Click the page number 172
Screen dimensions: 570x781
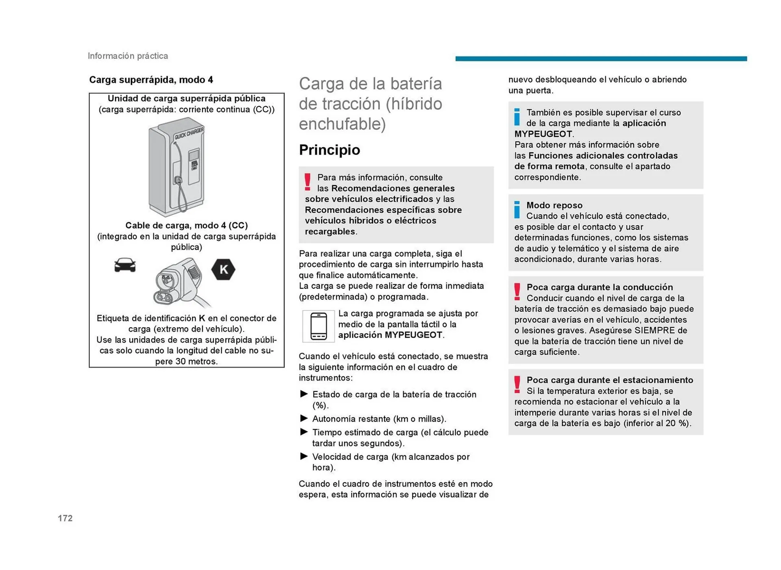point(65,518)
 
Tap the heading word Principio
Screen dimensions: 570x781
point(329,150)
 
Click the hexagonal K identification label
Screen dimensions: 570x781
point(223,270)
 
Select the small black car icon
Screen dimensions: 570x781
point(125,265)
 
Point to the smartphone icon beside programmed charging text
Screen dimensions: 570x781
point(319,326)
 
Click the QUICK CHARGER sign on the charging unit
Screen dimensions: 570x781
point(189,133)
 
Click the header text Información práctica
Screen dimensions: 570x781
point(128,56)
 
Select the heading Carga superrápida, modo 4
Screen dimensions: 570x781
point(151,80)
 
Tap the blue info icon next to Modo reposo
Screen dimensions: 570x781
point(517,209)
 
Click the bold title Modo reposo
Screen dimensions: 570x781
point(554,205)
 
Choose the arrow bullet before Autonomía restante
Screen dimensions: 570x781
point(304,418)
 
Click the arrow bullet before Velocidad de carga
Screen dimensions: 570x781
point(304,456)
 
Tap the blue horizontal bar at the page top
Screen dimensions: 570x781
point(601,59)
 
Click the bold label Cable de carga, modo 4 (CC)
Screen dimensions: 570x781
point(186,225)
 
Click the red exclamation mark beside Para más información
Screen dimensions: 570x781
point(308,182)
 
